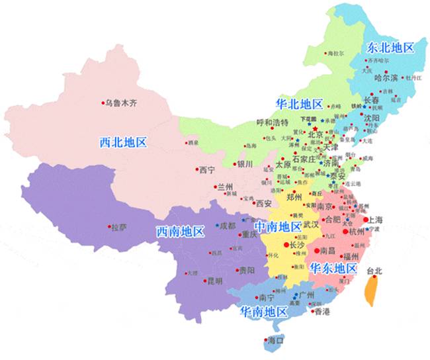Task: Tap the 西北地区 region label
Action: (x=122, y=142)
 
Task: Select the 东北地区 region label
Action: (x=390, y=48)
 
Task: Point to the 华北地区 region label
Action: (x=299, y=104)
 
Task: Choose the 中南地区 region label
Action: (x=278, y=226)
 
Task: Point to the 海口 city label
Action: (x=276, y=341)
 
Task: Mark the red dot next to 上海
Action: (x=366, y=219)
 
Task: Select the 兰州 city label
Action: (x=226, y=187)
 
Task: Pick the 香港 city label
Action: (x=322, y=310)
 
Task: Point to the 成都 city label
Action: (x=228, y=225)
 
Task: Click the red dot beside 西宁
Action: (x=196, y=169)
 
